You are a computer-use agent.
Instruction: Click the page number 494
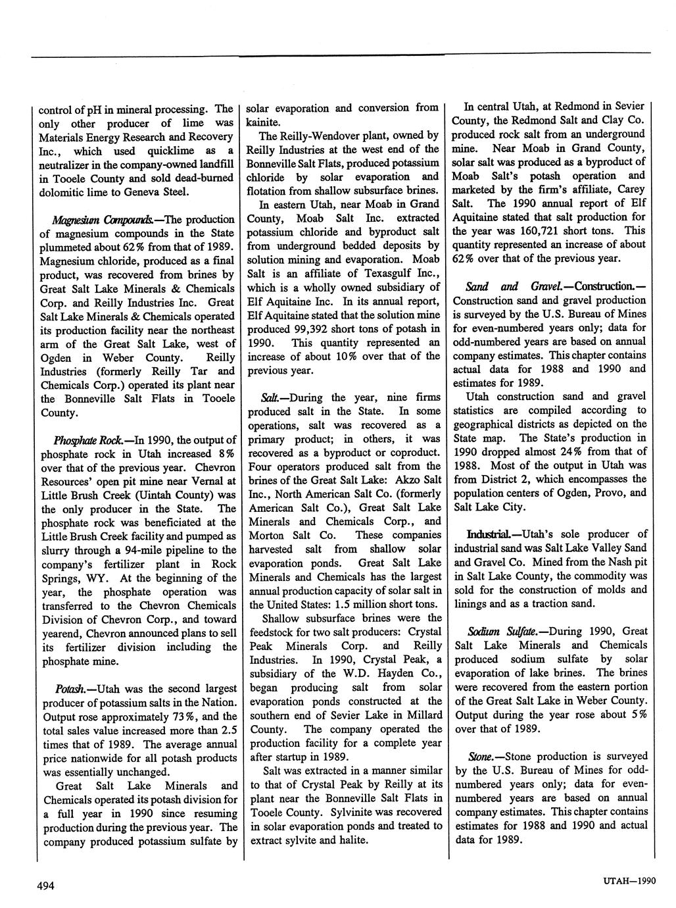tap(45, 886)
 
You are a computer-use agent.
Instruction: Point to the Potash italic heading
tap(73, 688)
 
